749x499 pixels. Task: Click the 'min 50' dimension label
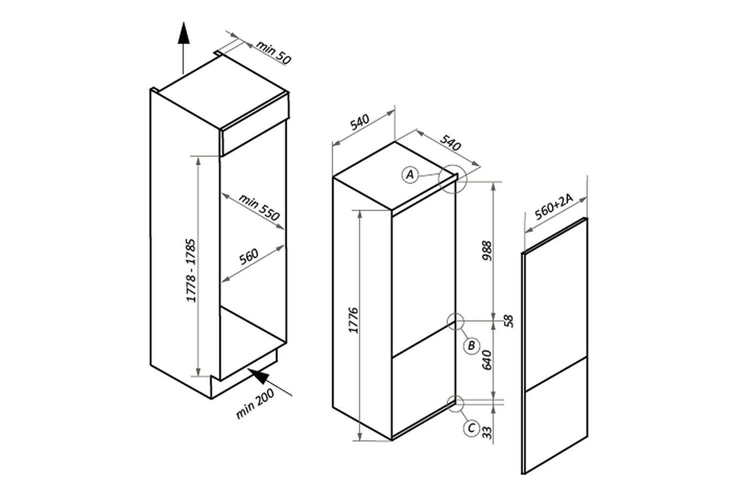coord(274,52)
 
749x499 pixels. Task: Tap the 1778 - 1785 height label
coord(191,270)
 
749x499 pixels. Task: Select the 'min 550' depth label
coord(259,207)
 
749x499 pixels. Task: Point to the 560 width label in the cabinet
coord(249,256)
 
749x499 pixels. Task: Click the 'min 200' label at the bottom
coord(255,403)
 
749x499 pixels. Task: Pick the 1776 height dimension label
coord(353,320)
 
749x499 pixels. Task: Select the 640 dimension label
coord(487,360)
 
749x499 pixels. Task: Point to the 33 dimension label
coord(487,433)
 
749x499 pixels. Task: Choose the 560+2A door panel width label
coord(554,207)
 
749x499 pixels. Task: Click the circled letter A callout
coord(410,175)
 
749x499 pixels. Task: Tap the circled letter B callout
coord(471,346)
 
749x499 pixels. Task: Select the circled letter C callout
coord(471,428)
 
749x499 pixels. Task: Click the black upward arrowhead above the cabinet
coord(183,33)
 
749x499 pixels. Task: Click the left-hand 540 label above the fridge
coord(360,122)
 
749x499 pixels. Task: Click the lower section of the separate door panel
coord(556,415)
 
